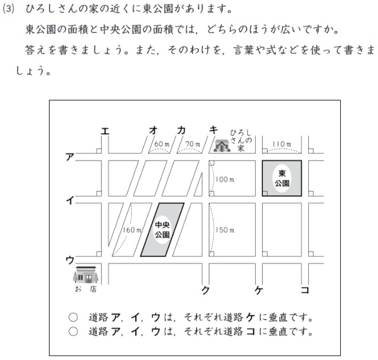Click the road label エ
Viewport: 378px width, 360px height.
point(105,131)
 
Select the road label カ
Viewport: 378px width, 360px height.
point(182,130)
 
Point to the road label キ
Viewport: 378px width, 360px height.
point(214,130)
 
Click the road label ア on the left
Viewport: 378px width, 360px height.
point(70,157)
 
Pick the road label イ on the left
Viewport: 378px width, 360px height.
point(70,201)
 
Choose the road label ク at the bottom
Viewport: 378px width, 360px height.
point(206,290)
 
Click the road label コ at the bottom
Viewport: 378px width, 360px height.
point(304,290)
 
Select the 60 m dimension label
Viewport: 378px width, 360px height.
point(162,144)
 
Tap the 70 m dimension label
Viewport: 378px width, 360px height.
point(193,144)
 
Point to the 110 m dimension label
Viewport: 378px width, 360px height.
point(282,144)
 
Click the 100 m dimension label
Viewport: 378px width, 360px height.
point(225,178)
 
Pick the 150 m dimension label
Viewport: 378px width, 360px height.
point(225,230)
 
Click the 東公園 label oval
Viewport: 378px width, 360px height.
point(282,178)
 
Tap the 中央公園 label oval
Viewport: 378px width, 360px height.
point(162,230)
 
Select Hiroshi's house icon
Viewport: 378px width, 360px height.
point(222,145)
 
